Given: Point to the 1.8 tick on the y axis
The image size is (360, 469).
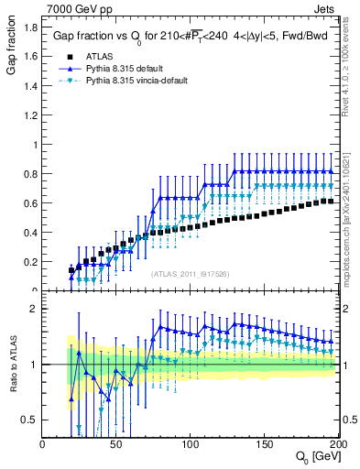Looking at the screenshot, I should (x=29, y=27).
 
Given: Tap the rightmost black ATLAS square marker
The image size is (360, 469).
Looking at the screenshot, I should (x=330, y=202).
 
